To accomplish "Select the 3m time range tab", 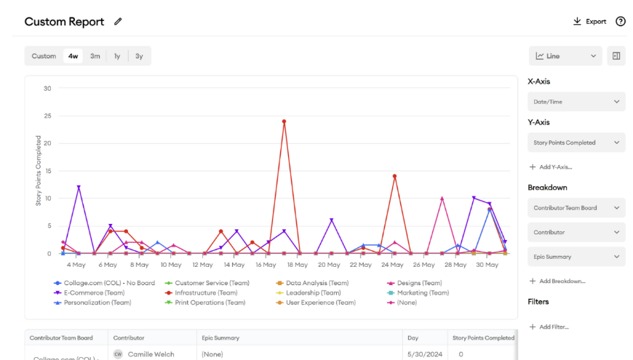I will (x=95, y=56).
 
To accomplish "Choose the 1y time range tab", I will (x=117, y=56).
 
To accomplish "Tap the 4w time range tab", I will (x=73, y=56).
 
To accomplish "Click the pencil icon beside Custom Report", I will (x=118, y=22).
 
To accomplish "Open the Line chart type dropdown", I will (x=565, y=56).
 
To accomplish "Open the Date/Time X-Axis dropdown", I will (x=576, y=102).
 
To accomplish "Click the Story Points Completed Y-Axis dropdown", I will (x=576, y=143).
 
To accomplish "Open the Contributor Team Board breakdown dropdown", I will (x=576, y=208).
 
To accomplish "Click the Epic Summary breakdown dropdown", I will (x=576, y=257).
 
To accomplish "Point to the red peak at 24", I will (x=284, y=121).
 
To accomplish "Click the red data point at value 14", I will (x=394, y=176).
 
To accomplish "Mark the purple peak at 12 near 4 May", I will (x=79, y=188).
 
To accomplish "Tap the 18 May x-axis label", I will (x=297, y=265).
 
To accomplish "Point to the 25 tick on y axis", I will (x=47, y=116).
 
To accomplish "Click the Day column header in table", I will (x=414, y=338).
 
